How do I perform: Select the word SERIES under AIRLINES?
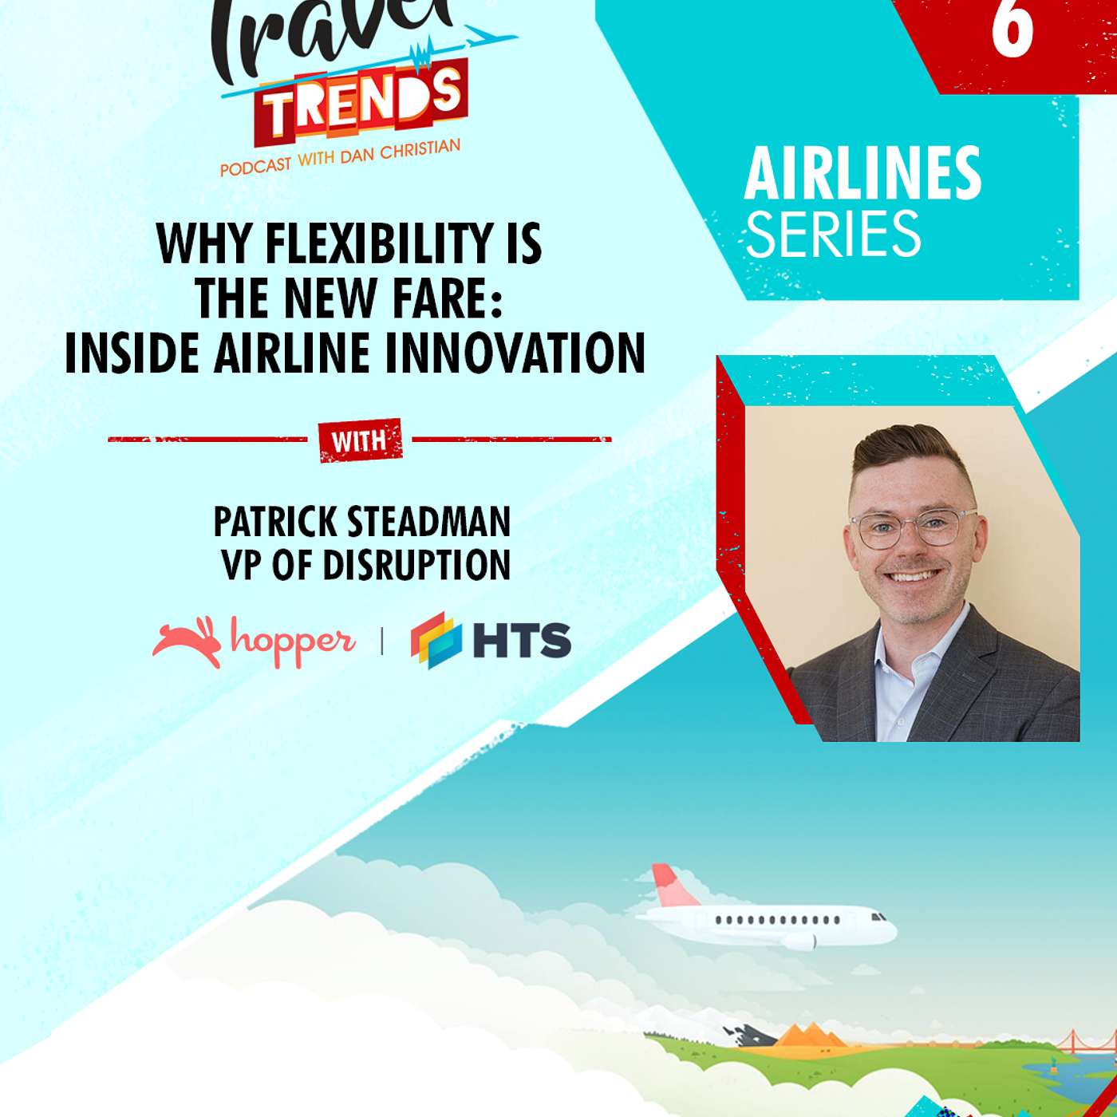833,233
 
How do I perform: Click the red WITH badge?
360,440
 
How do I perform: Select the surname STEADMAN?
428,522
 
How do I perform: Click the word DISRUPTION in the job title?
416,564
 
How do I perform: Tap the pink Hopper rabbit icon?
188,641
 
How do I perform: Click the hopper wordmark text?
293,641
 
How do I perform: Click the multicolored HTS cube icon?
436,640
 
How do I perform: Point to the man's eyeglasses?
913,527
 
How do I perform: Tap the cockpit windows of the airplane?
878,917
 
